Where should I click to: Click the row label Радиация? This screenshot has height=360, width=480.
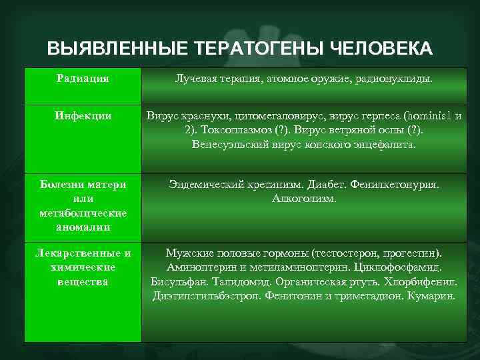point(83,79)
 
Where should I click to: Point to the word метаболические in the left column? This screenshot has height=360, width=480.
point(83,213)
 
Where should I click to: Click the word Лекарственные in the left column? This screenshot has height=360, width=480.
point(83,253)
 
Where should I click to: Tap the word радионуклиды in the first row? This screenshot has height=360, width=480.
point(399,79)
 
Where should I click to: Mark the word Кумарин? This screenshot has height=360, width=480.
point(434,295)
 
